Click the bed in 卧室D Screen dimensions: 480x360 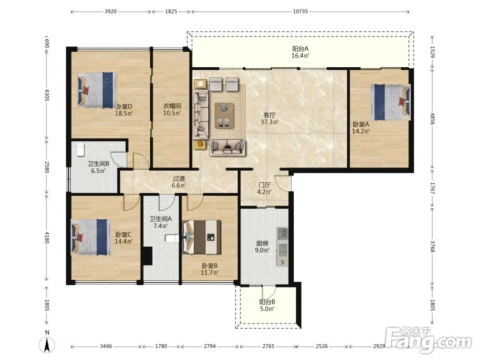[x=97, y=90]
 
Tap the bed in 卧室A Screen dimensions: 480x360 [x=391, y=102]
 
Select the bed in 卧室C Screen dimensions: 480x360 [x=91, y=237]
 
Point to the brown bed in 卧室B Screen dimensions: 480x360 [x=202, y=237]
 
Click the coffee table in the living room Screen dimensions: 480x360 [x=224, y=115]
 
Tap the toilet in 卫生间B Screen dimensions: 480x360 [x=81, y=149]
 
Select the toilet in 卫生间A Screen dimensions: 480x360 [x=172, y=238]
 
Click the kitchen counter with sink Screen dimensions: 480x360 [x=282, y=246]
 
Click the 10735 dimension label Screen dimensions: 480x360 [x=300, y=12]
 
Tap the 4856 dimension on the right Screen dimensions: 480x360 [x=432, y=119]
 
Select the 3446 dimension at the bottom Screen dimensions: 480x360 [x=106, y=346]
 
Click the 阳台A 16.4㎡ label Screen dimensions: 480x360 [x=300, y=52]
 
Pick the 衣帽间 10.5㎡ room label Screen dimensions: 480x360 [x=172, y=109]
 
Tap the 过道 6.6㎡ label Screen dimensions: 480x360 [x=179, y=182]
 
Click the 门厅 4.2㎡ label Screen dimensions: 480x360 [x=264, y=189]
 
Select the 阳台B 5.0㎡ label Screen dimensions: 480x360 [x=267, y=305]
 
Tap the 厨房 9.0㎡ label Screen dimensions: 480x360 [x=262, y=247]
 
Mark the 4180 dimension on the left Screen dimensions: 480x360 [x=47, y=238]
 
